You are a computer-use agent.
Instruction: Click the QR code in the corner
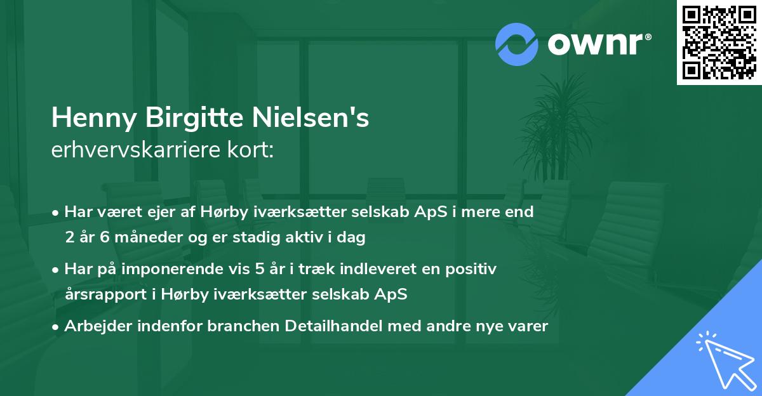pyautogui.click(x=719, y=43)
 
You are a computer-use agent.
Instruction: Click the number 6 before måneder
pyautogui.click(x=104, y=238)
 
